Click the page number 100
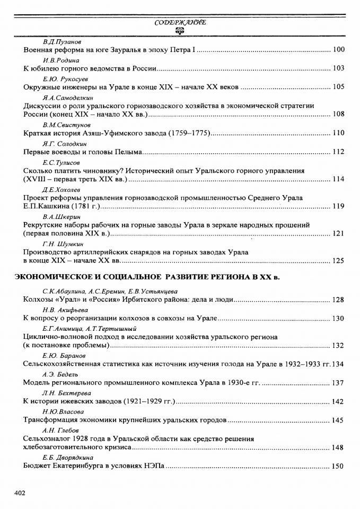[338, 50]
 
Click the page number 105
[338, 87]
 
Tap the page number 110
[338, 133]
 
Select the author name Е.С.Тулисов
[61, 162]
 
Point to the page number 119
[338, 206]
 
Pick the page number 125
[338, 260]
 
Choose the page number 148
[338, 447]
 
